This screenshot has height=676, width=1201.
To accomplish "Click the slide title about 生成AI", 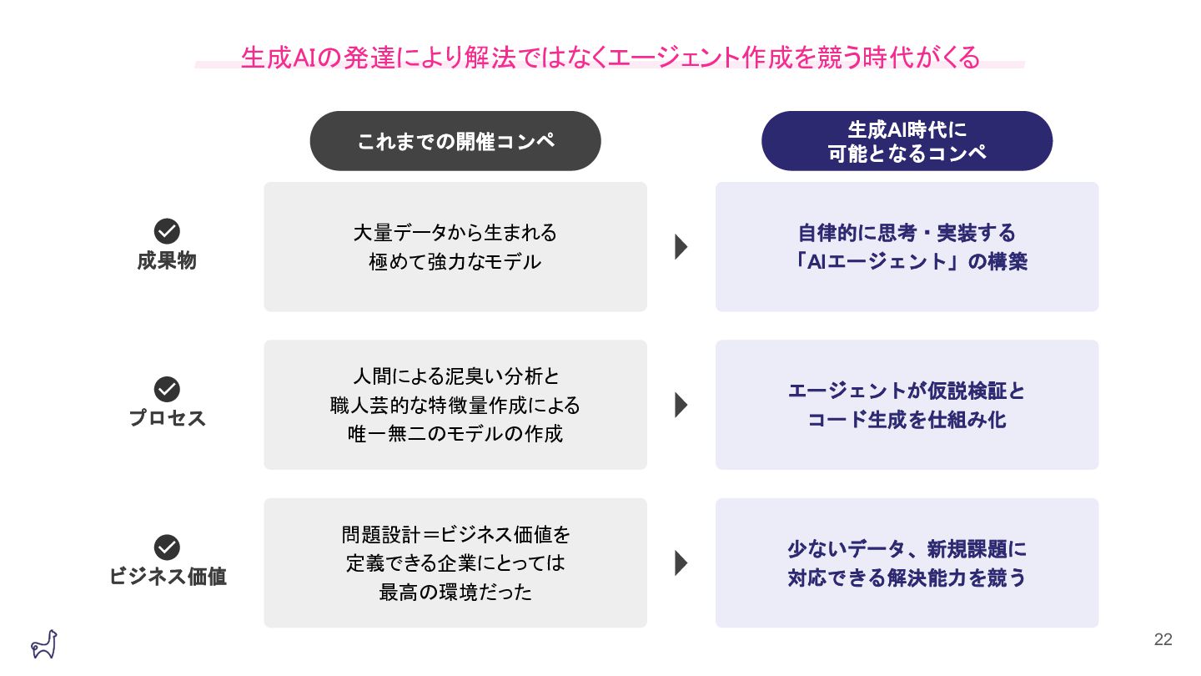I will click(610, 58).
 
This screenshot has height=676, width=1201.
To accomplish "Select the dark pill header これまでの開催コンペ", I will click(455, 141).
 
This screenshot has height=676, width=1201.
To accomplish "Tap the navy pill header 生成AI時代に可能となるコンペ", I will click(907, 141).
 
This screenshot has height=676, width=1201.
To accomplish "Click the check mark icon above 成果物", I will click(167, 231).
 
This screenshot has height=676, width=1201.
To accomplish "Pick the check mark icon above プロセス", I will click(167, 389).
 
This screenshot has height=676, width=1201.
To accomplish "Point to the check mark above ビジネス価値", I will click(167, 547).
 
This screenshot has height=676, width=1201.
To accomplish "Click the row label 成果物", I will click(167, 261).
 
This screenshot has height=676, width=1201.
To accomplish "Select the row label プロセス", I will click(167, 418).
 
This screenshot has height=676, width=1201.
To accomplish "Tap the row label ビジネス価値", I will click(168, 577).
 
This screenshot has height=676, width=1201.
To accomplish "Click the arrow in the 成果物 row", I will click(681, 247).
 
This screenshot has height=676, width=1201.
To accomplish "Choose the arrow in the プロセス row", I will click(681, 405).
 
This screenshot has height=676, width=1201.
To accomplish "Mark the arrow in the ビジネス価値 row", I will click(681, 563).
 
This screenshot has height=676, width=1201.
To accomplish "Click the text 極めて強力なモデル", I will click(455, 262).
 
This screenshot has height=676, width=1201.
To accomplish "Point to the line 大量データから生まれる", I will click(455, 232).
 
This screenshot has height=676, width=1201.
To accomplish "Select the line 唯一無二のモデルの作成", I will click(455, 434).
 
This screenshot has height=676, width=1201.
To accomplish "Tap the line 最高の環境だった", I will click(455, 593).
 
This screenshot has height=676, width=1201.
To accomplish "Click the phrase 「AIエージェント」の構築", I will click(907, 262).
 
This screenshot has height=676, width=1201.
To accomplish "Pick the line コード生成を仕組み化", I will click(907, 420).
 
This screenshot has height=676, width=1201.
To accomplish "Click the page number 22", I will click(1163, 640).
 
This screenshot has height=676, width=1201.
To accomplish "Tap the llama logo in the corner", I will click(43, 643).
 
